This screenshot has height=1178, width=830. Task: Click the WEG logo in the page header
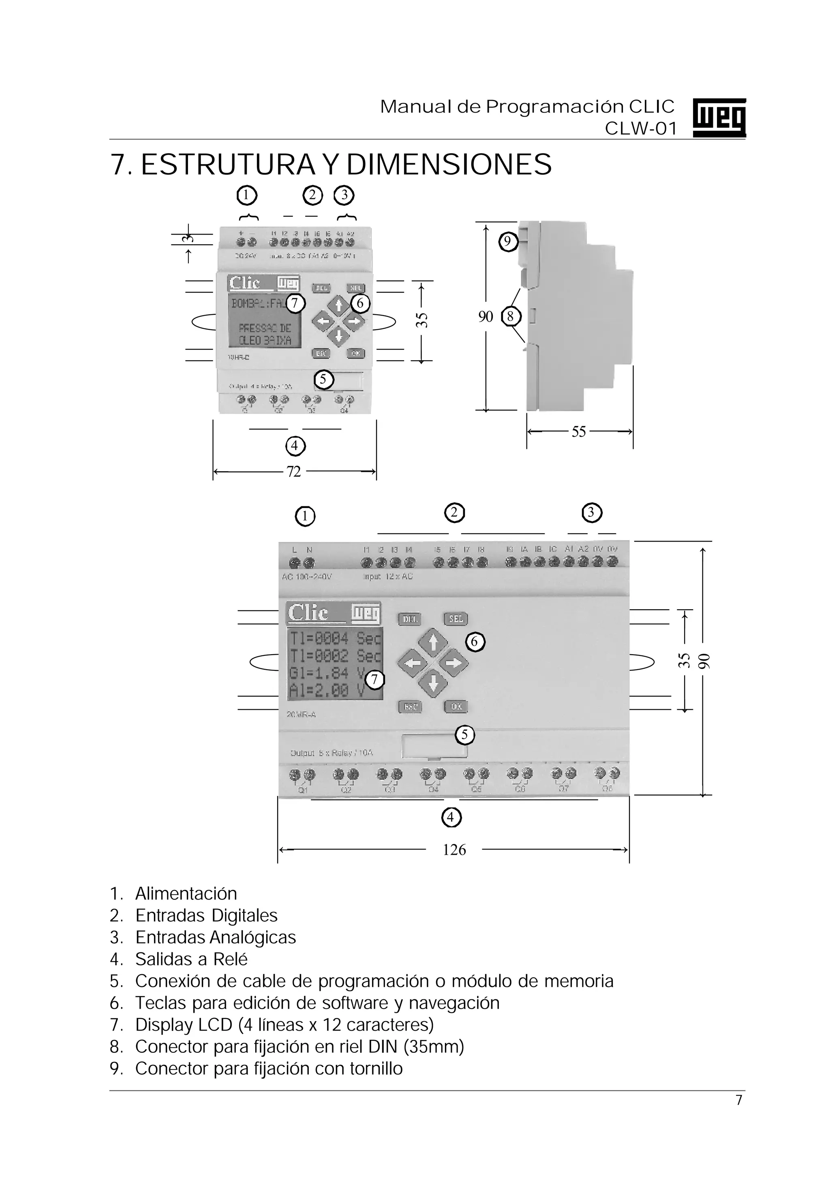click(x=719, y=118)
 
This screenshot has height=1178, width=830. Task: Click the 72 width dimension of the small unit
click(x=293, y=472)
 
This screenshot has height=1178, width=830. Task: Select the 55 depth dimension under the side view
click(x=578, y=432)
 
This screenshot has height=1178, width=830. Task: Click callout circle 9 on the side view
click(x=508, y=241)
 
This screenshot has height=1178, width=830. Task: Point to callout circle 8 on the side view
click(x=510, y=316)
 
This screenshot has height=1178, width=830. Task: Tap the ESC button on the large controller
click(x=410, y=706)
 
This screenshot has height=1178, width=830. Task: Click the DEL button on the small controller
click(x=321, y=288)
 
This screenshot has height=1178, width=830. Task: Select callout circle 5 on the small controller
click(x=323, y=380)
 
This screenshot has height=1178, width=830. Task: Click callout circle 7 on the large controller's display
click(x=375, y=680)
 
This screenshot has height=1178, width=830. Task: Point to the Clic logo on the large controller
click(x=308, y=613)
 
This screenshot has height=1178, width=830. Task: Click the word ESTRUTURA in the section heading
click(x=228, y=165)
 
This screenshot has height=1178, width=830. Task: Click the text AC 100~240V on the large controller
click(x=307, y=577)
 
